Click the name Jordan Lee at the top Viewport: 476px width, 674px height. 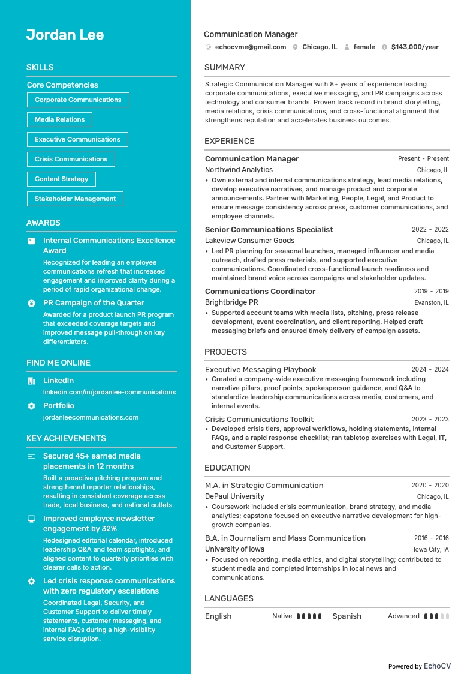[65, 35]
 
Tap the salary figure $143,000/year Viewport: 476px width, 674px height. [415, 47]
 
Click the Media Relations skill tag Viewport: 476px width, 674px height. [59, 119]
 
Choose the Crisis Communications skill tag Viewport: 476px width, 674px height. [71, 159]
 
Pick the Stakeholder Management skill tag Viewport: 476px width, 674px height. [75, 199]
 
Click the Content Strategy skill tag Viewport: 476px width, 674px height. [61, 179]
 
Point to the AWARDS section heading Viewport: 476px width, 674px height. [43, 223]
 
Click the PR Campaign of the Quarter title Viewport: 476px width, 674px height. [94, 303]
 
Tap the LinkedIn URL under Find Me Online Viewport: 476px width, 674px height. [109, 392]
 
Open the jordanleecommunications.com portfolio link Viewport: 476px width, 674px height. [91, 417]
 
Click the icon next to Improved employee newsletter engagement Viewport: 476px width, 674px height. [31, 519]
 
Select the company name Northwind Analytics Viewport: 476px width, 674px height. [239, 170]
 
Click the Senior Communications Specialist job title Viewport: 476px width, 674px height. [269, 229]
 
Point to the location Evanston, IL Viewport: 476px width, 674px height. [431, 303]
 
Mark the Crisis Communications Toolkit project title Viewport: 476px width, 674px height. [259, 419]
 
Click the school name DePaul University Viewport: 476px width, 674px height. [234, 496]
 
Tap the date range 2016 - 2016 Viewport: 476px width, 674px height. [431, 538]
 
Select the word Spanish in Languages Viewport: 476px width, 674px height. [347, 616]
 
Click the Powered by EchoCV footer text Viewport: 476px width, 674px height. [419, 666]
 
